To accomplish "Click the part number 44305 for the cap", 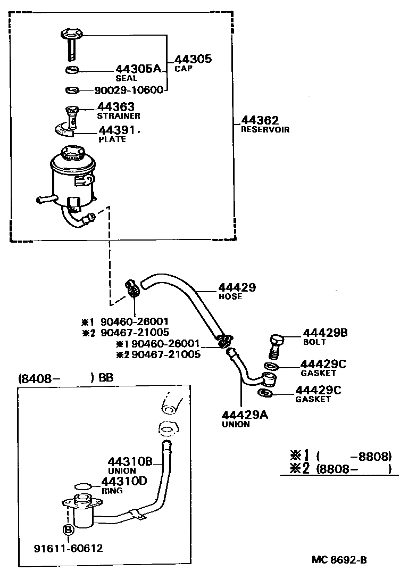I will pyautogui.click(x=193, y=59).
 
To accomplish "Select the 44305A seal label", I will pyautogui.click(x=138, y=69).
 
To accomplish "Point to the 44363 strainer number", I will pyautogui.click(x=115, y=107).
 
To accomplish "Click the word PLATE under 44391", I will pyautogui.click(x=112, y=139).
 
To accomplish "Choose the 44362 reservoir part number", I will pyautogui.click(x=260, y=121).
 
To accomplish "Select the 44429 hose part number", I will pyautogui.click(x=237, y=287).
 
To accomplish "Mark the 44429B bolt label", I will pyautogui.click(x=325, y=333).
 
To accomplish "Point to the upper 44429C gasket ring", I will pyautogui.click(x=270, y=367).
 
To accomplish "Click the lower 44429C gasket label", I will pyautogui.click(x=318, y=391).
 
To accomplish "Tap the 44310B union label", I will pyautogui.click(x=130, y=462).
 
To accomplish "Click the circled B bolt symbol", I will pyautogui.click(x=68, y=530).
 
